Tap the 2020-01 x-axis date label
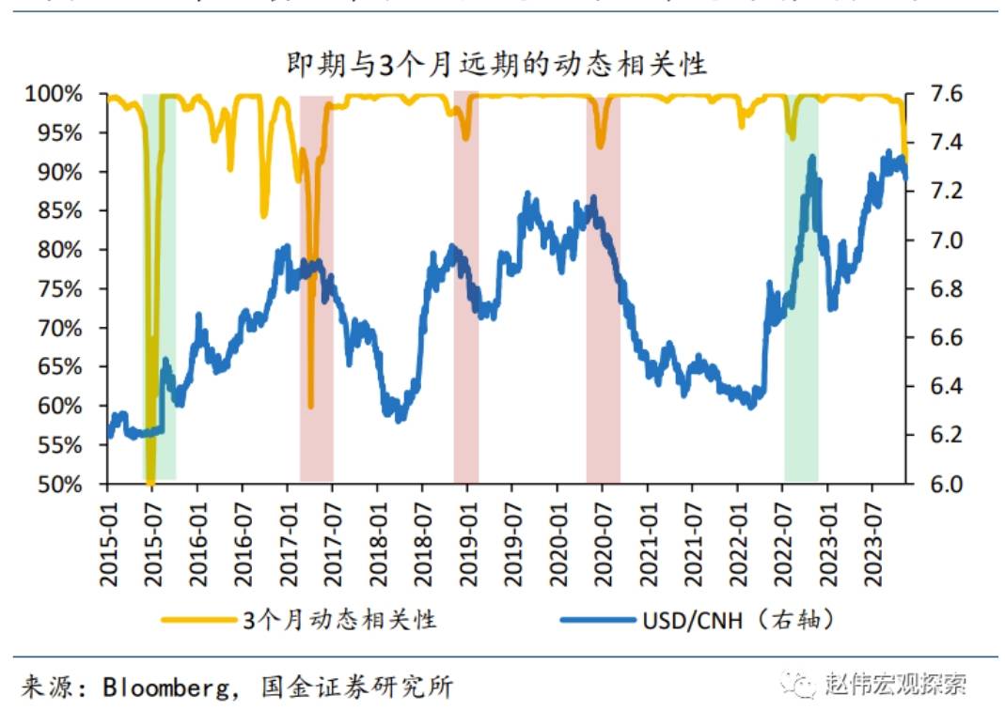pos(557,540)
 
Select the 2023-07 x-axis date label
pos(873,540)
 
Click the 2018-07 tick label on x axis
pos(423,540)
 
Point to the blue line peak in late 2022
pos(811,160)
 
